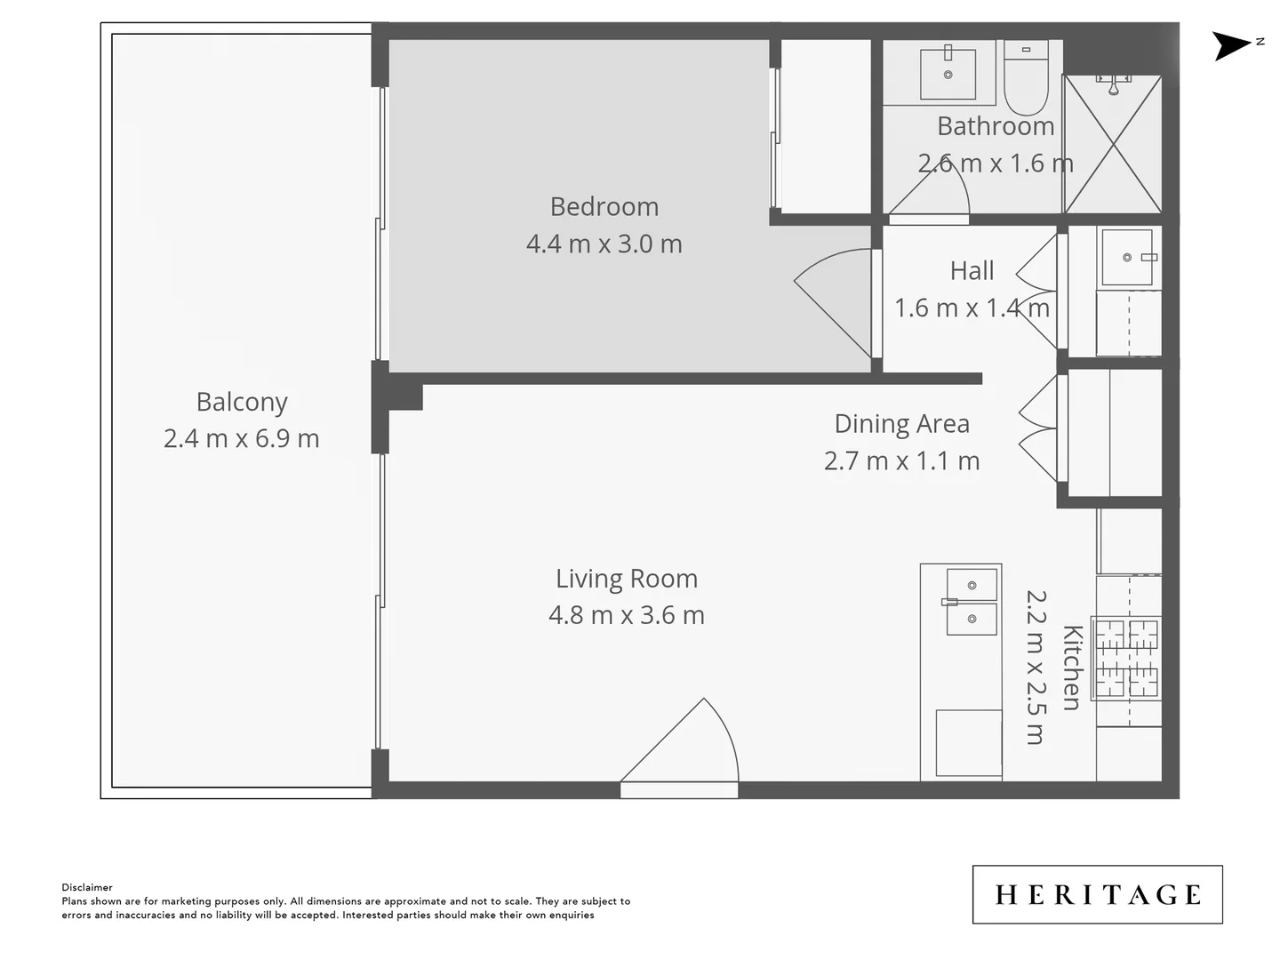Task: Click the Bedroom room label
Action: (x=604, y=206)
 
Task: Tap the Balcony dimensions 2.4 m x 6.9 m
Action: (x=241, y=438)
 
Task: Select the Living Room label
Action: (x=626, y=579)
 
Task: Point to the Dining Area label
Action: (x=901, y=424)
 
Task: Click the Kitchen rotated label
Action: (x=1072, y=668)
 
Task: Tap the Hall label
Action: (x=972, y=270)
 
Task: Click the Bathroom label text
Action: (x=995, y=126)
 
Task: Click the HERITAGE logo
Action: (x=1097, y=894)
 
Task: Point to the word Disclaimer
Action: (x=87, y=887)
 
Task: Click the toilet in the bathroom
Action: (x=1027, y=79)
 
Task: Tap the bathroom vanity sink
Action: (x=948, y=73)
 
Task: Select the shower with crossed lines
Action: (x=1113, y=145)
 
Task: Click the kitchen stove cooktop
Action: (x=1126, y=658)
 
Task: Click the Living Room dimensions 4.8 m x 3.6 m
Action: (x=626, y=615)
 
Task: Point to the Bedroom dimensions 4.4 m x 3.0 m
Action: (x=604, y=244)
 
